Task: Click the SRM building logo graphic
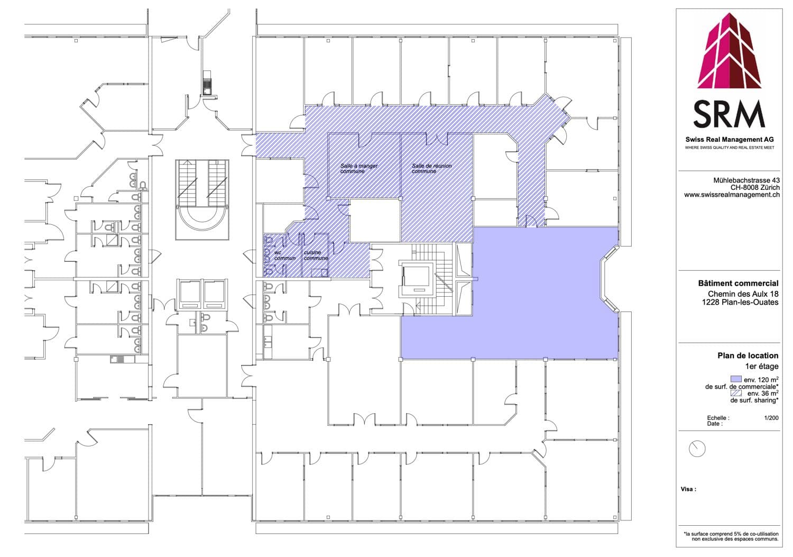tap(730, 51)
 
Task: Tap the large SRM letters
tap(729, 114)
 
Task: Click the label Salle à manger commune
tap(358, 168)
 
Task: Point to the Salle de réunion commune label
tap(431, 168)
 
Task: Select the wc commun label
tap(284, 255)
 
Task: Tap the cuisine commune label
tap(316, 255)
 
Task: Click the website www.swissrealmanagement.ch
tap(732, 195)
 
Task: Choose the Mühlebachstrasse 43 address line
tap(746, 180)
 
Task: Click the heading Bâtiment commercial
tap(738, 283)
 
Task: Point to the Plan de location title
tap(748, 355)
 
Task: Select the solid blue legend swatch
tap(736, 379)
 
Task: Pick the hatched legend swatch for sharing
tap(736, 392)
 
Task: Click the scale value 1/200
tap(771, 418)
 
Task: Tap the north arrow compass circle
tap(697, 449)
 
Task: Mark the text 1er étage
tap(761, 366)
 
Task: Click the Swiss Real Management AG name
tap(729, 140)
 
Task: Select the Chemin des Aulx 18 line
tap(743, 294)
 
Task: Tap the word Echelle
tap(718, 418)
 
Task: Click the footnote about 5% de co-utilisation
tap(731, 536)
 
